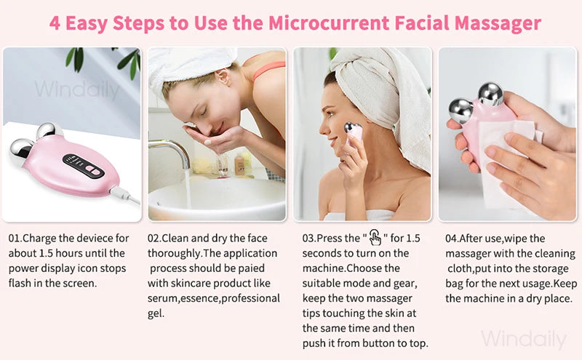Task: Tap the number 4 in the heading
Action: click(55, 23)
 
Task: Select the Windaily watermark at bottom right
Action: click(524, 338)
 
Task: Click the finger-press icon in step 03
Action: click(375, 238)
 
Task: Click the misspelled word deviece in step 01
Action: click(95, 239)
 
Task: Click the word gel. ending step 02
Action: click(156, 313)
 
